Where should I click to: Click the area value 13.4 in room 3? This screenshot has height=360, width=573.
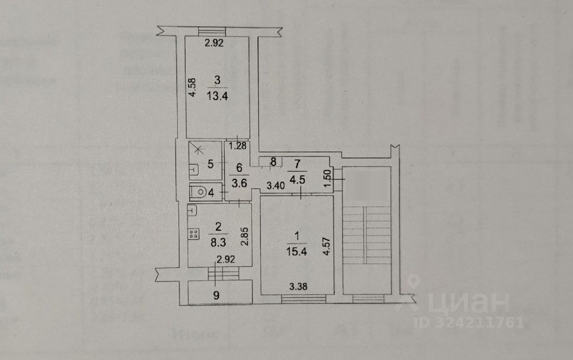pos(218,97)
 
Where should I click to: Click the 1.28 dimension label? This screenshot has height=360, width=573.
pos(237,145)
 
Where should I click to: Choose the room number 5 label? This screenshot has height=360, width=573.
pos(209,165)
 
